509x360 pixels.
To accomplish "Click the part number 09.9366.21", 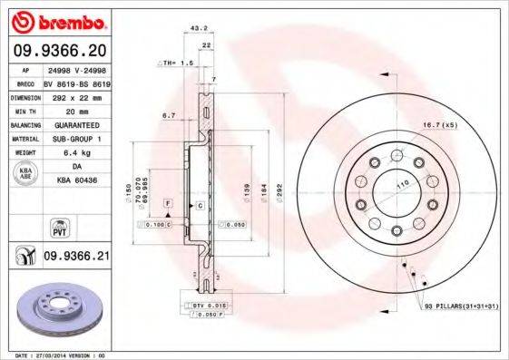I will pos(77,257).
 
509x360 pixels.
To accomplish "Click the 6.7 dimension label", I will pos(168,116).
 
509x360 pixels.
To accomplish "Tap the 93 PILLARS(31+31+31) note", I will pos(460,308).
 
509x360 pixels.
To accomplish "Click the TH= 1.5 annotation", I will pos(178,63).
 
